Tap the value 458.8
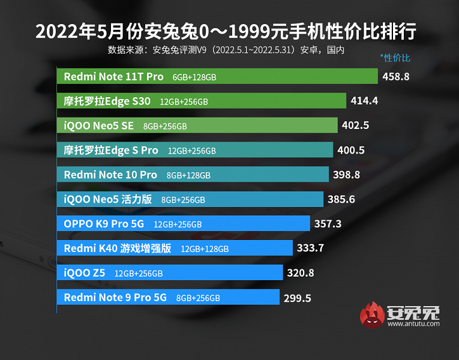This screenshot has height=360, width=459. (396, 76)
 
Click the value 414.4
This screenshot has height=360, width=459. (364, 101)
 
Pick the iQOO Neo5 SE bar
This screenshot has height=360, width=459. (197, 125)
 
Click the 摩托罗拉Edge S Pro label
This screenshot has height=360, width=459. (111, 150)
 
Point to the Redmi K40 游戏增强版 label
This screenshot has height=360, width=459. (118, 248)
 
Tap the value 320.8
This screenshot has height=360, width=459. (301, 273)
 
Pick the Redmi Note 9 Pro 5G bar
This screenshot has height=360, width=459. (168, 298)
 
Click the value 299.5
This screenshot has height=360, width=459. (298, 298)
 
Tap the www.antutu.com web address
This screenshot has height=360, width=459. (413, 324)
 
